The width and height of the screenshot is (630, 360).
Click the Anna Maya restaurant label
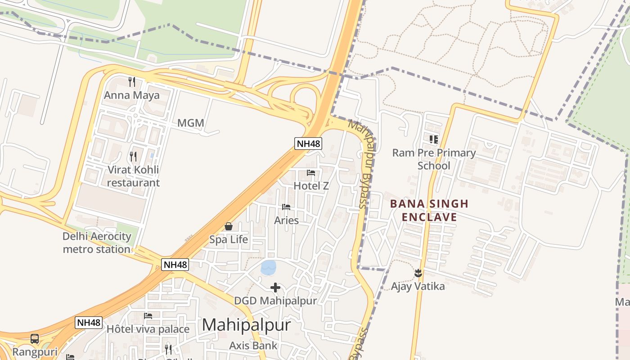point(132,95)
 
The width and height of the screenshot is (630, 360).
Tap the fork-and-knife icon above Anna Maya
point(132,82)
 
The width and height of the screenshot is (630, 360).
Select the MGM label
point(191,123)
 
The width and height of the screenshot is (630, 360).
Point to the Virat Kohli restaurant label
point(133,176)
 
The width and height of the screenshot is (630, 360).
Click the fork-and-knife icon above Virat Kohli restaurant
point(133,157)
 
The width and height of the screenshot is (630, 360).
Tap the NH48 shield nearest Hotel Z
point(308,144)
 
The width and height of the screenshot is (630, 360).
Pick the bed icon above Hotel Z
point(311,172)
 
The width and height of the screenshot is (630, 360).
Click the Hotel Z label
point(311,185)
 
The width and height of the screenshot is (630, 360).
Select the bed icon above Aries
point(286,207)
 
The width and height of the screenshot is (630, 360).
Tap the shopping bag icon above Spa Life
point(229,226)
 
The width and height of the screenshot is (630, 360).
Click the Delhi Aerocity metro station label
point(97,243)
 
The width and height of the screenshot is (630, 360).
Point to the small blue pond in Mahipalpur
point(269,267)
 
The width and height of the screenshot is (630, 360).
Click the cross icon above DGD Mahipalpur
point(275,288)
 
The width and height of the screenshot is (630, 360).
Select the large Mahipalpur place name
point(246,325)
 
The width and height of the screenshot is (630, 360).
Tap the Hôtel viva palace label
point(148,329)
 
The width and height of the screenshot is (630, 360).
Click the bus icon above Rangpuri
point(35,339)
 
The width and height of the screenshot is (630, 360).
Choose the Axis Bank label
point(253,346)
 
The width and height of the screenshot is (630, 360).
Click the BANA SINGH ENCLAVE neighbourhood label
point(429,211)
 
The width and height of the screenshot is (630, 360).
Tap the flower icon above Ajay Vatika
point(418,273)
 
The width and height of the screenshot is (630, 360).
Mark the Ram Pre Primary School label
point(434,159)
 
